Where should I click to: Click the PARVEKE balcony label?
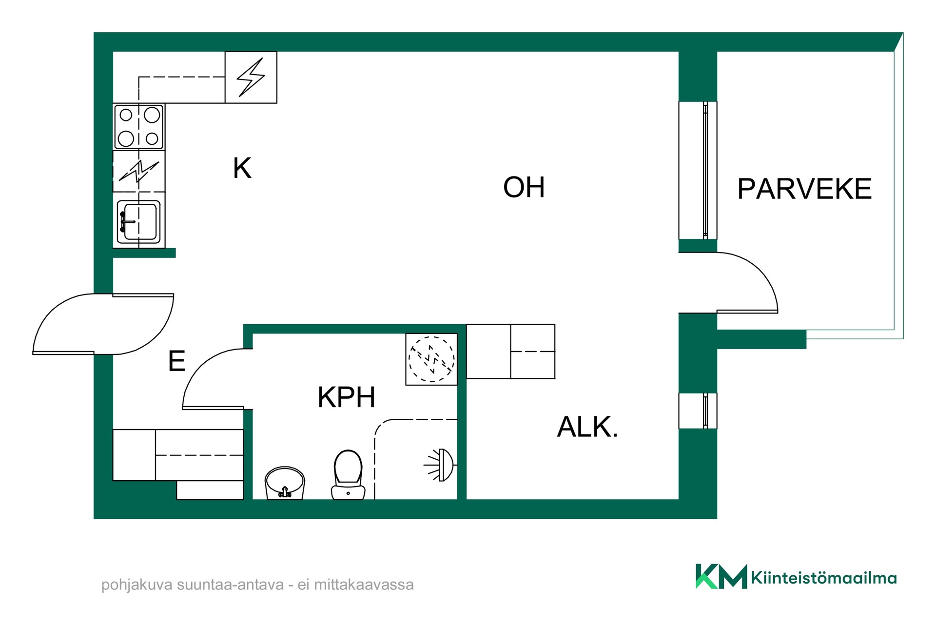804,189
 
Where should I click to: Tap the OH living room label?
524,187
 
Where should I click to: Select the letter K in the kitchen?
242,168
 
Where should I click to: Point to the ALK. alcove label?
587,427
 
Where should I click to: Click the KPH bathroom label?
347,397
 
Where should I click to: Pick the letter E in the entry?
176,361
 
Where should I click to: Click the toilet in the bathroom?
348,475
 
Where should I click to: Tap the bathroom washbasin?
285,483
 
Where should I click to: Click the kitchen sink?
139,221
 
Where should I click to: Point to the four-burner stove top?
139,127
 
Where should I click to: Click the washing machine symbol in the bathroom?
431,359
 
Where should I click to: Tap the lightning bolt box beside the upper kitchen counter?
251,77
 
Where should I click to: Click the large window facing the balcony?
698,170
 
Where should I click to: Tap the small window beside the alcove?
698,411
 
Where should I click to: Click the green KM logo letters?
721,576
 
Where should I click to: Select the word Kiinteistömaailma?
824,578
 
